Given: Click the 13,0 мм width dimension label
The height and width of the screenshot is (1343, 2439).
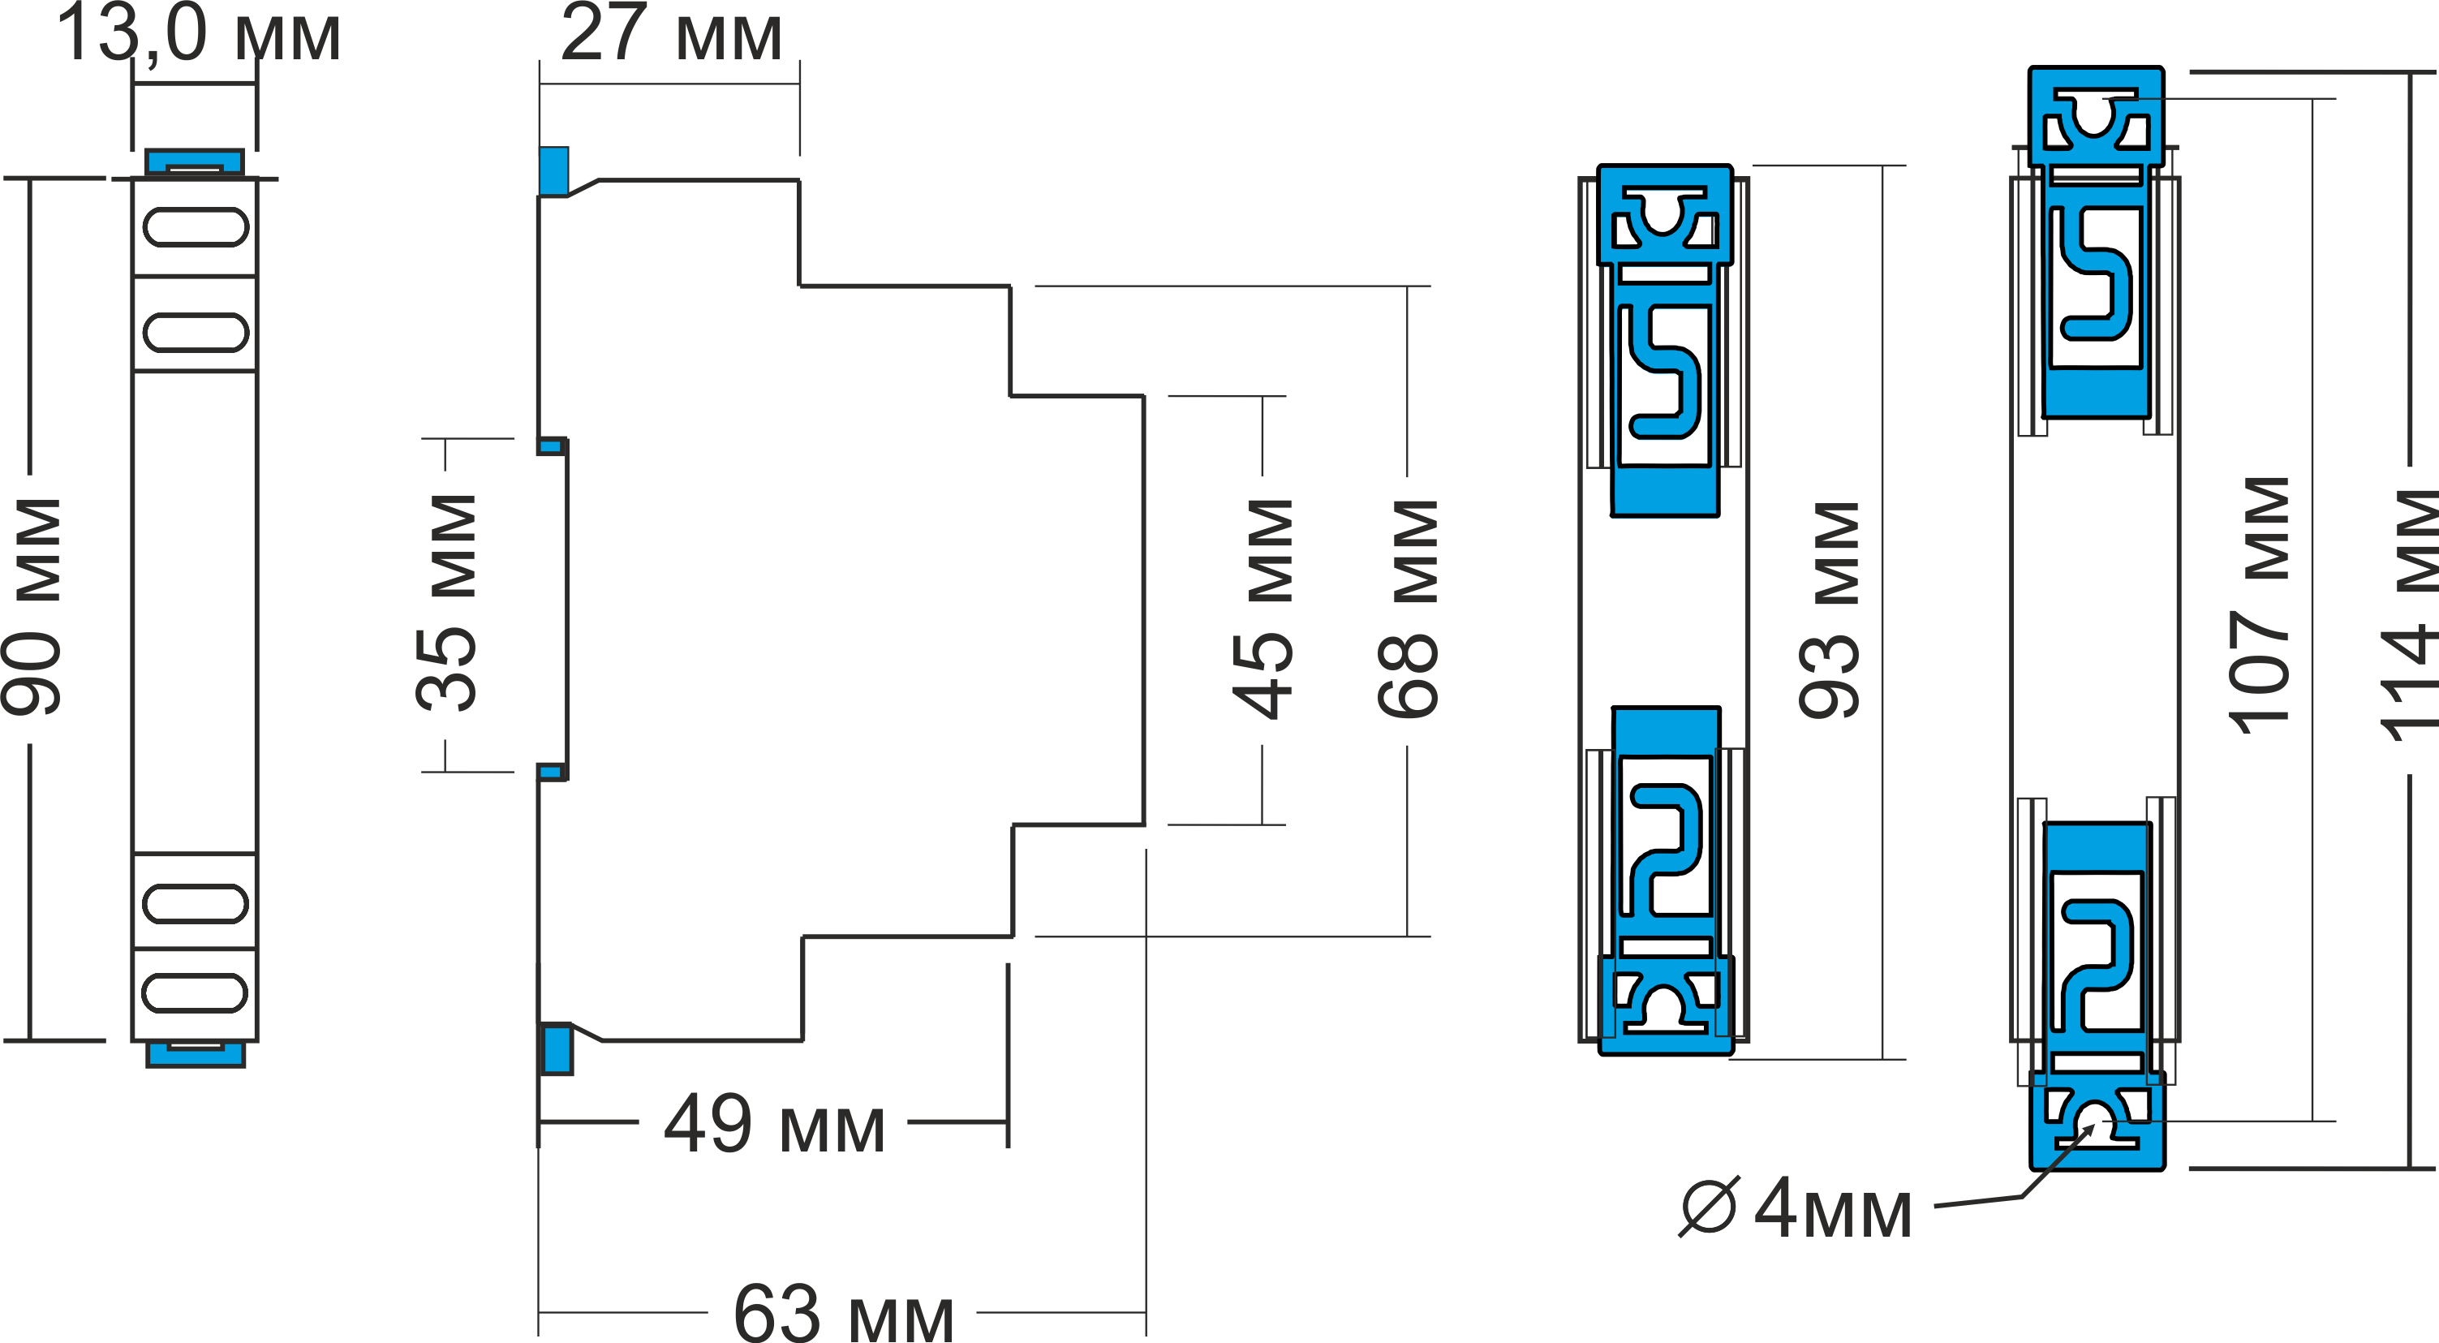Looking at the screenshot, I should (x=197, y=34).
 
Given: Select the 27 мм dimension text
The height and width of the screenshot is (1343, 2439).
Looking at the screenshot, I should (x=670, y=34).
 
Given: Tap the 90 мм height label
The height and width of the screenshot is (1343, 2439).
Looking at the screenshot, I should (x=34, y=606).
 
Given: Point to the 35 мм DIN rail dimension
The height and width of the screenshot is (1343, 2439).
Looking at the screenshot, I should (x=447, y=603).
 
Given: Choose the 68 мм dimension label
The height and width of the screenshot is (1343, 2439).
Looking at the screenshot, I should (x=1409, y=609).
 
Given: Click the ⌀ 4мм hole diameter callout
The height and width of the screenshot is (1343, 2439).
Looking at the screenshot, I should (x=1795, y=1208).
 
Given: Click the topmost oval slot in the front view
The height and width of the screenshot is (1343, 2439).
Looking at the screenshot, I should (x=196, y=227).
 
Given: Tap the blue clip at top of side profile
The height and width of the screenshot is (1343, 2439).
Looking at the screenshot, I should (x=555, y=170).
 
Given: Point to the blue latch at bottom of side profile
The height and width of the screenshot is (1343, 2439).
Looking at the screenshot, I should (x=556, y=1048).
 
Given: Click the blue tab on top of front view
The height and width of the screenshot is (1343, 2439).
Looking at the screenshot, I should (x=194, y=161).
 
